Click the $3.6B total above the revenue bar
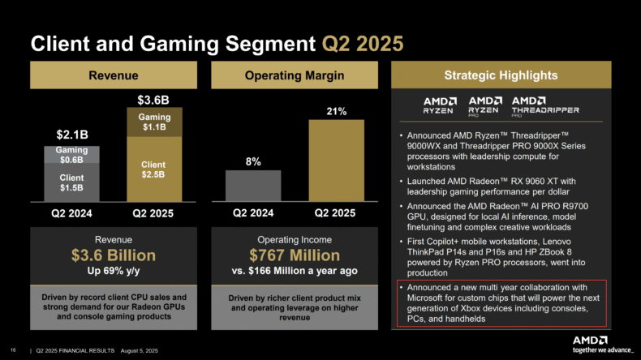click(153, 100)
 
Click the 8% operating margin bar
click(253, 186)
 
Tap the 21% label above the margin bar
click(337, 110)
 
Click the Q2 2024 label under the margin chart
click(253, 213)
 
